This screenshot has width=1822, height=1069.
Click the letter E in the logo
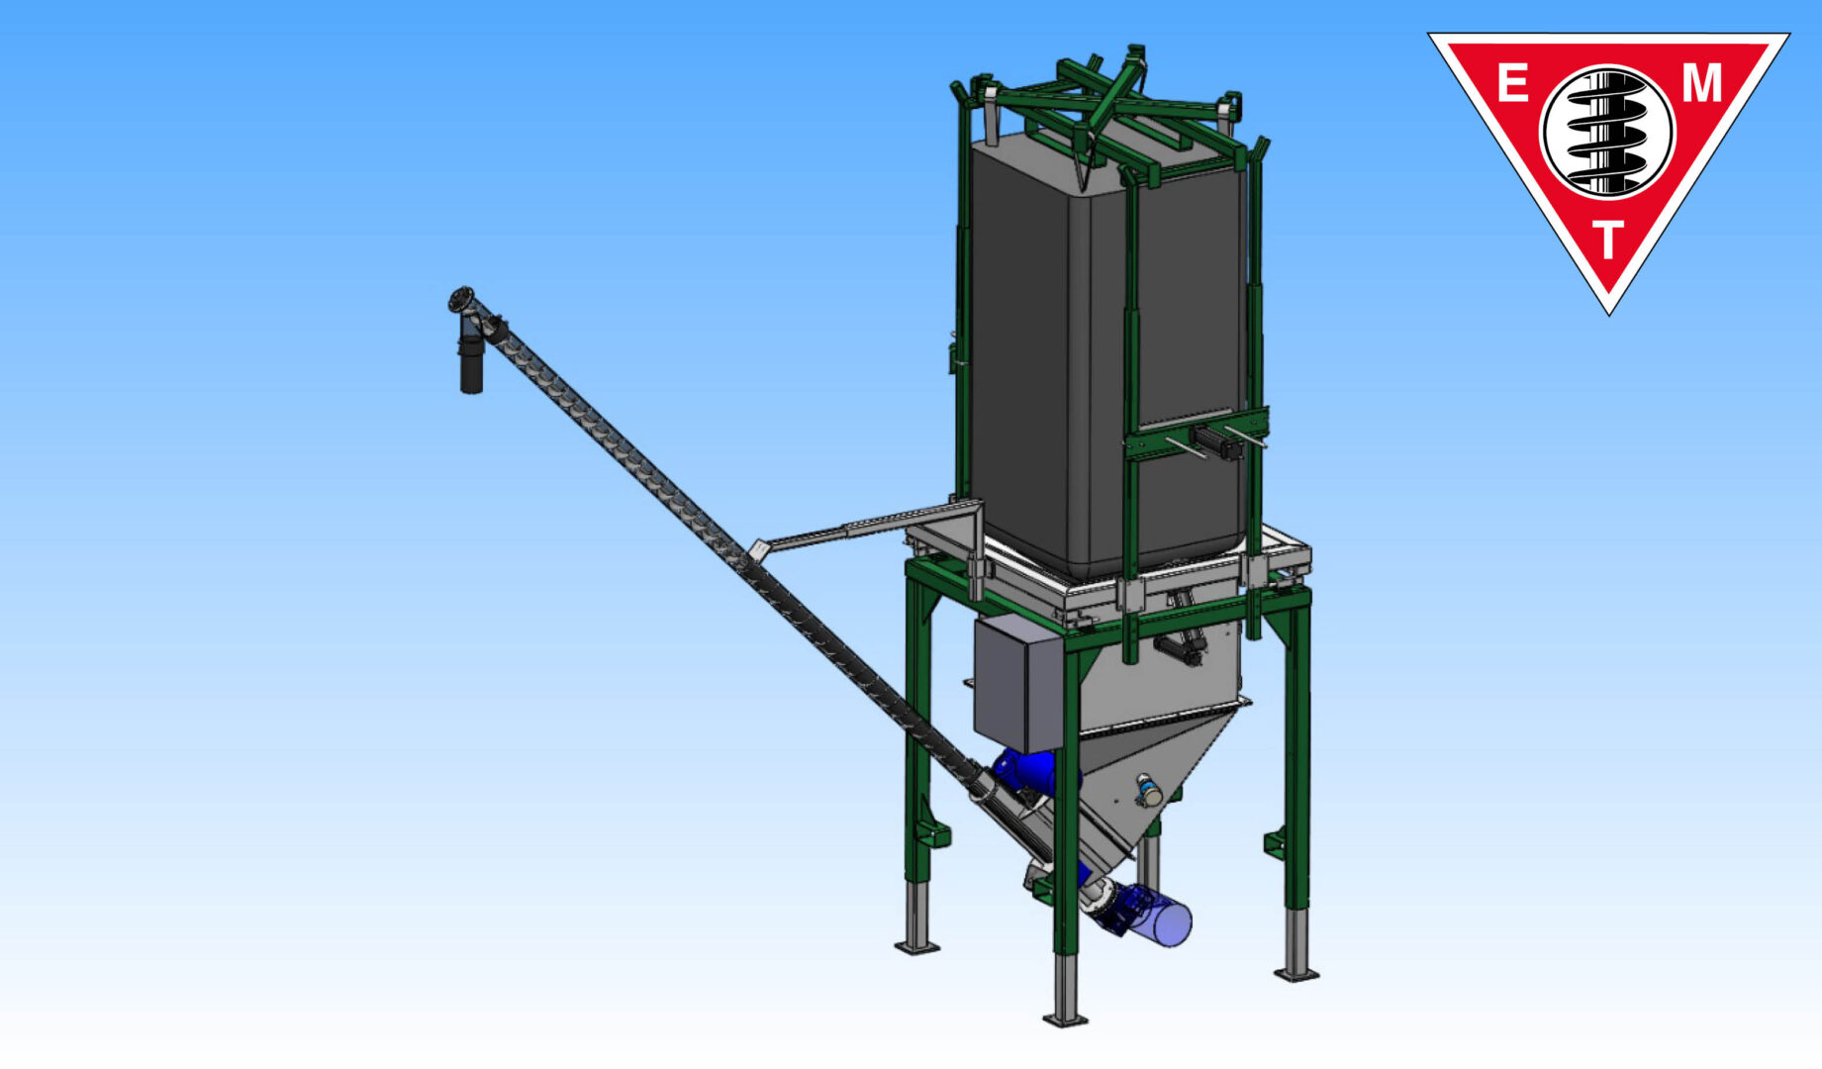[x=1512, y=83]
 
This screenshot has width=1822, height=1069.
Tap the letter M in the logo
[x=1702, y=83]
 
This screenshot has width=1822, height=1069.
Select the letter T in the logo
[x=1608, y=240]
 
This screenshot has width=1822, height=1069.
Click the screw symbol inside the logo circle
[x=1607, y=132]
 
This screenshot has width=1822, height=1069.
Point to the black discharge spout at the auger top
[x=471, y=360]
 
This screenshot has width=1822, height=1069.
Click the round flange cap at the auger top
[x=461, y=298]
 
